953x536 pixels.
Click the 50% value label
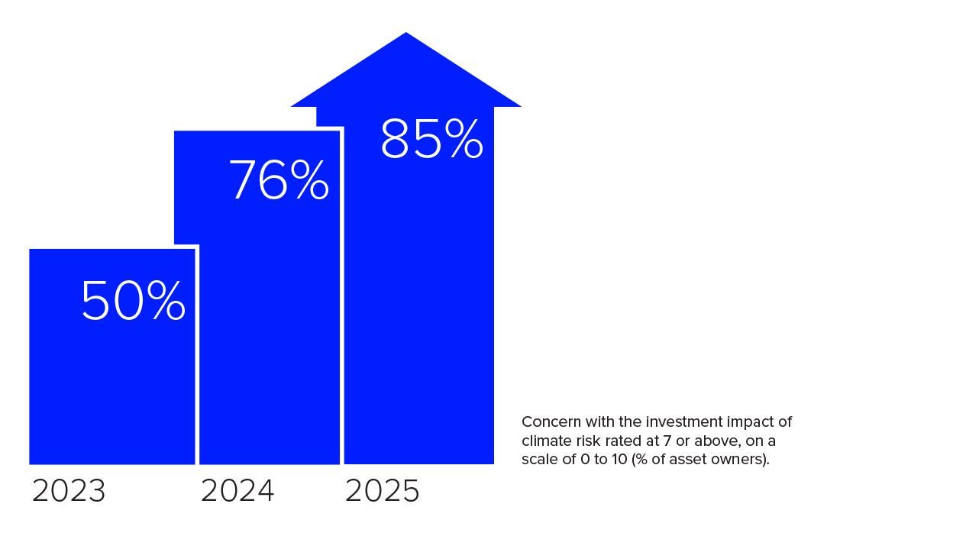133,301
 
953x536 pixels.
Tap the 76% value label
279,181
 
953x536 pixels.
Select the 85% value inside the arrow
431,139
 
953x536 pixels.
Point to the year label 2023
69,492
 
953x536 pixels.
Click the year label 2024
237,492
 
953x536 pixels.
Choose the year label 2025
383,492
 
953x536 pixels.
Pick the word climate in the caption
544,441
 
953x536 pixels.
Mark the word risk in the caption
583,441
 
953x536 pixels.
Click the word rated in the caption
618,441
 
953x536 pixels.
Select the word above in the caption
706,441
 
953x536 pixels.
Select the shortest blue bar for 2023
112,382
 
